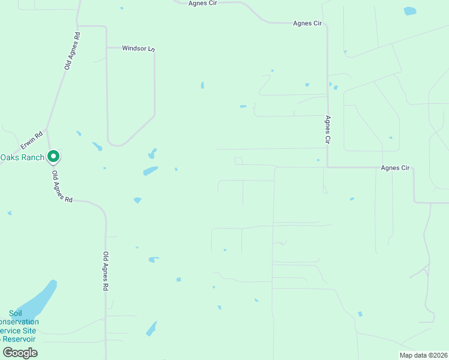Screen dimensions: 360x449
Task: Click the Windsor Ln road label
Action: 138,48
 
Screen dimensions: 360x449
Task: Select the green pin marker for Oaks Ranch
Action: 53,157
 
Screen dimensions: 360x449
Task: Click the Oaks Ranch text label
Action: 22,157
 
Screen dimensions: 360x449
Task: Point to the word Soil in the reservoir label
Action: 16,313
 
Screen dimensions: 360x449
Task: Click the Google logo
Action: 20,352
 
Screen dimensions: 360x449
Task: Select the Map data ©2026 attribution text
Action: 423,355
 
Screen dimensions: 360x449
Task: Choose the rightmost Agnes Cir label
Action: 395,168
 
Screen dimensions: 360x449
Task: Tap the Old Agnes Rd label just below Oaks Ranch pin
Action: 62,187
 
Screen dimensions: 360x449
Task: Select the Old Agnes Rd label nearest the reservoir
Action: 106,271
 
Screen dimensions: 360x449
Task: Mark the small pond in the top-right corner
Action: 410,11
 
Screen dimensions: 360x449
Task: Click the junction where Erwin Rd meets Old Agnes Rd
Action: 47,129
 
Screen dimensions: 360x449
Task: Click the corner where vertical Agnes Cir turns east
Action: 328,167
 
